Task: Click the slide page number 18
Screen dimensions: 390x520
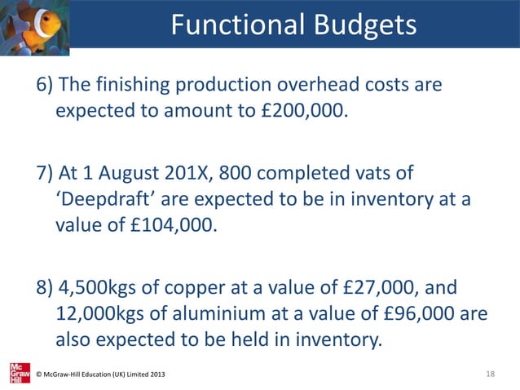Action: click(490, 374)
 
